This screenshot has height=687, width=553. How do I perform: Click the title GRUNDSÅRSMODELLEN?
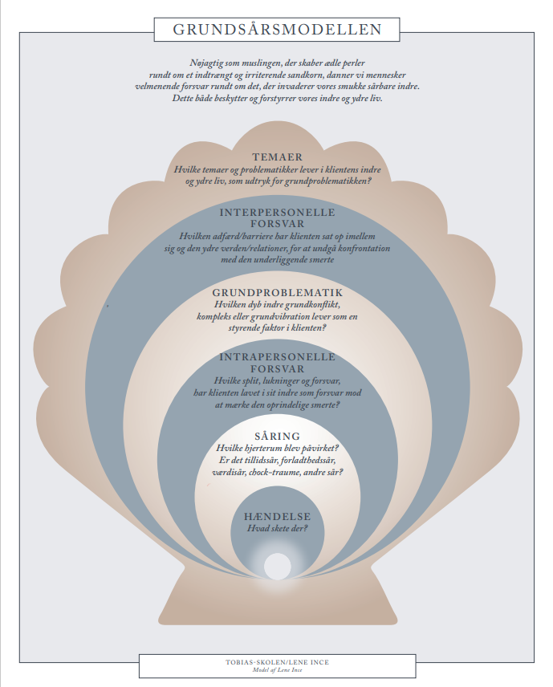click(277, 30)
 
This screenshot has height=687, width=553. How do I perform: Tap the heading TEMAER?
click(278, 157)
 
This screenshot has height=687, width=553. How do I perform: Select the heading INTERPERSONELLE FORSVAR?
click(278, 218)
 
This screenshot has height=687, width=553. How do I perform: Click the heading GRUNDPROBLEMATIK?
click(278, 293)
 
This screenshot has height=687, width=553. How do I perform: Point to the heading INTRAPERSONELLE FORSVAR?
click(278, 363)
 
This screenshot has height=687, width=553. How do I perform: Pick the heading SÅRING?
click(278, 437)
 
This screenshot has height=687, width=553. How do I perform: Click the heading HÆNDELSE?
click(278, 517)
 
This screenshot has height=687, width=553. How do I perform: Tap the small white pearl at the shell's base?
click(278, 566)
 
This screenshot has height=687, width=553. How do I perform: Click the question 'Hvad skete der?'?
click(278, 528)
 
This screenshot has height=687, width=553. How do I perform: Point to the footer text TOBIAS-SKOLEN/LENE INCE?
click(277, 662)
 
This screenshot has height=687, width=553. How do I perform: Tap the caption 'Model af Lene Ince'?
click(277, 670)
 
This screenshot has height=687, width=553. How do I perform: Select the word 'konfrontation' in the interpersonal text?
click(364, 249)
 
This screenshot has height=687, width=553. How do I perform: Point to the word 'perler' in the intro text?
click(355, 63)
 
